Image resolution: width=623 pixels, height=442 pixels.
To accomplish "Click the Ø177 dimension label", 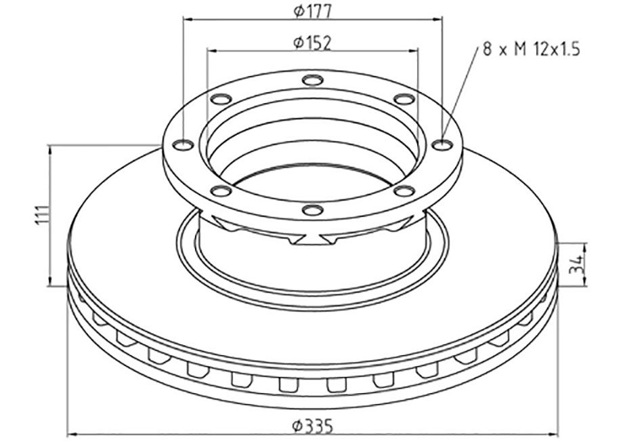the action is coord(312,12).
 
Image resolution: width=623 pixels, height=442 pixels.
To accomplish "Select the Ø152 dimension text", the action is coord(312,43).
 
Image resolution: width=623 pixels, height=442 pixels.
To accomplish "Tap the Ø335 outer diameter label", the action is coord(313,427).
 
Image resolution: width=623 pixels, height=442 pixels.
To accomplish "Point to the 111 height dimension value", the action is coord(43,215).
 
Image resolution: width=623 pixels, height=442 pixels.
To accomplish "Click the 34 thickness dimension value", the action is coord(576,264).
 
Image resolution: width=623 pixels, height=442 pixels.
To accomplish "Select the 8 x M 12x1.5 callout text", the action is coord(531,50).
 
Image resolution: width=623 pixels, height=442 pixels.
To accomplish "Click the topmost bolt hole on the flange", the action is coord(312,80).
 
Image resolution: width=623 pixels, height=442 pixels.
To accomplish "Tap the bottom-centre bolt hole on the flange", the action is coord(312,209).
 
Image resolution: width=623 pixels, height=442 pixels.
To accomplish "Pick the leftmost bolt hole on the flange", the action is coord(184,145).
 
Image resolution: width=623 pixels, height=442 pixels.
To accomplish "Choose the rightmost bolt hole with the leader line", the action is coord(442,145).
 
